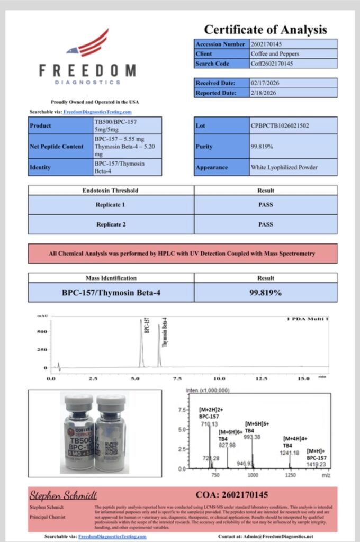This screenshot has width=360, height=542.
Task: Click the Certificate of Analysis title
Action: click(x=265, y=30)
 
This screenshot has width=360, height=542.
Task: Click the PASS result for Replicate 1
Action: click(x=265, y=204)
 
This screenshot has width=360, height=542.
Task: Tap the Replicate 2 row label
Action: click(x=111, y=224)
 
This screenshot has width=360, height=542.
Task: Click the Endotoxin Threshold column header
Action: click(x=111, y=190)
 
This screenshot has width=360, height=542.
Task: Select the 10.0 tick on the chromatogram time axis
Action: click(x=219, y=378)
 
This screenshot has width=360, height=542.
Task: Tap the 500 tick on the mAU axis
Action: click(x=42, y=332)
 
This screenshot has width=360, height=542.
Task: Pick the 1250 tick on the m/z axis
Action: click(x=290, y=475)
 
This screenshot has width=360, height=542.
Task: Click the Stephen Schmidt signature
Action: click(x=63, y=495)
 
